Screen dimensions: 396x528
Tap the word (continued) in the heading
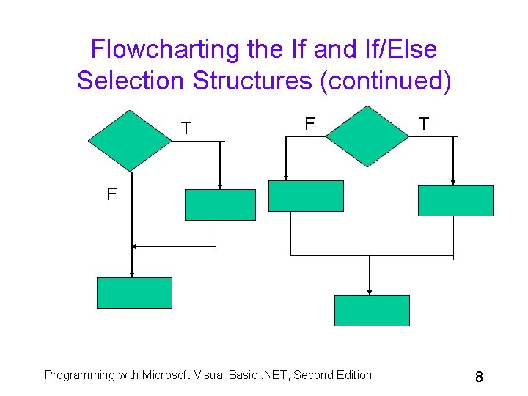386,80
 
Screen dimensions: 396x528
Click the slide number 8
478,377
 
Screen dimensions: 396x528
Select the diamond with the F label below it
130,141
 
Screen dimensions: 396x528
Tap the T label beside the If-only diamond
186,128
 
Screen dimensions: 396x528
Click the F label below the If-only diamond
111,195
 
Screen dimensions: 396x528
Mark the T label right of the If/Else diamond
423,124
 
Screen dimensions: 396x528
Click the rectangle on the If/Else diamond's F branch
306,196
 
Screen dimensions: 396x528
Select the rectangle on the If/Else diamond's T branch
455,200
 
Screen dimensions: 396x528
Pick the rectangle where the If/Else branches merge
371,310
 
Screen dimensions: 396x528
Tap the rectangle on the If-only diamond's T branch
220,205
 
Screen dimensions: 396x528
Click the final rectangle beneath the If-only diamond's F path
134,293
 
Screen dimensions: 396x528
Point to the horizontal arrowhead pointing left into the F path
136,246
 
